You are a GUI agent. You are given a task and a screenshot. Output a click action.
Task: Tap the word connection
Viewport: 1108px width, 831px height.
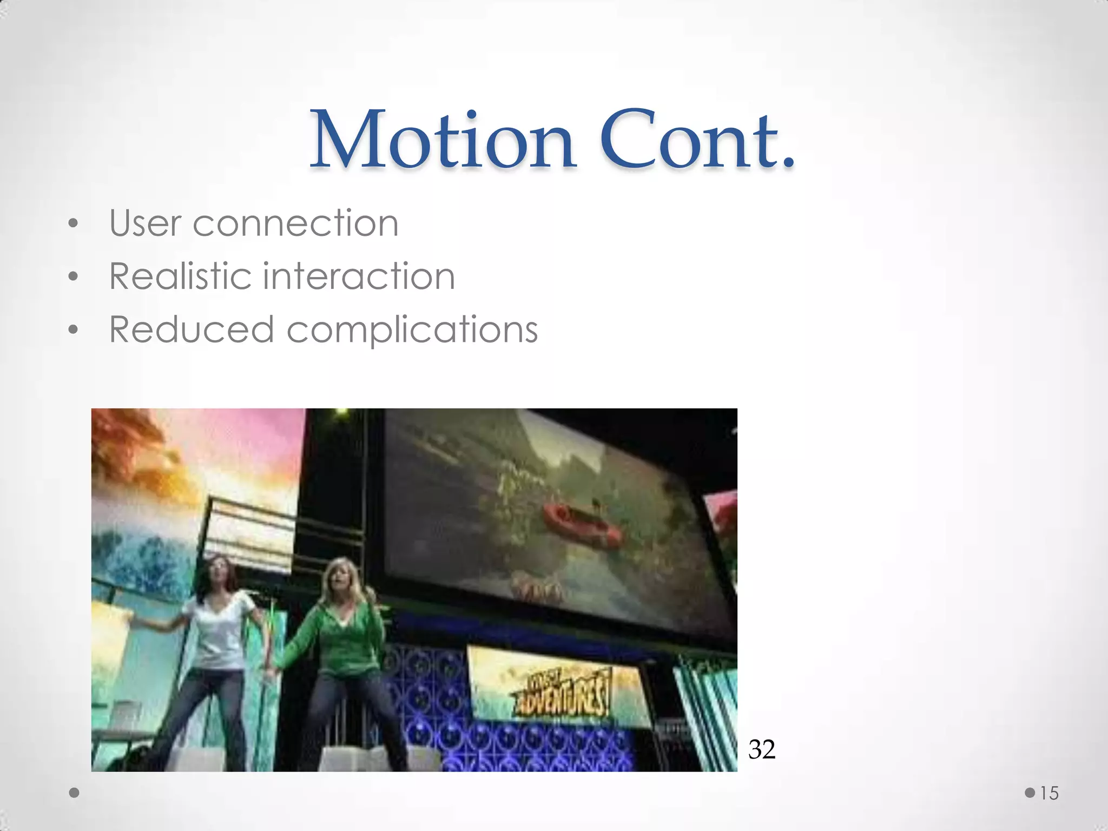click(295, 224)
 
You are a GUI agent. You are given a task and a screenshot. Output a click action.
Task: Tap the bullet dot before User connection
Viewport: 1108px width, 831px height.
click(74, 224)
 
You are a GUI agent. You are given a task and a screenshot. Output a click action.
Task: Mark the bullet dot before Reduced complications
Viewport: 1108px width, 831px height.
click(74, 329)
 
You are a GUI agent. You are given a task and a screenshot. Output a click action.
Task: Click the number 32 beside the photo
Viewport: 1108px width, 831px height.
click(762, 750)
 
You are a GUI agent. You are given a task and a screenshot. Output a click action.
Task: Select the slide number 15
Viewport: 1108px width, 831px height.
click(1049, 793)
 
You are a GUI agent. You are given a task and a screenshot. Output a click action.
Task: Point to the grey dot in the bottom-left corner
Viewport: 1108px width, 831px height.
click(75, 793)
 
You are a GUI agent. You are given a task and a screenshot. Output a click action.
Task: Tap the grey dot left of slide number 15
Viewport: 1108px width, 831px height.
click(1030, 793)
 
